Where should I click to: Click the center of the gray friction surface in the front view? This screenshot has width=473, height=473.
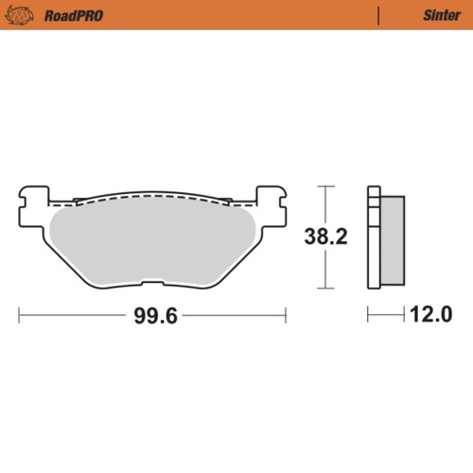(151, 241)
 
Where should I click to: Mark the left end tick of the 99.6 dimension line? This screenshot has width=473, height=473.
(19, 315)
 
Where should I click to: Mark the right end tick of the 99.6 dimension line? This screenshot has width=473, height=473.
(286, 315)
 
